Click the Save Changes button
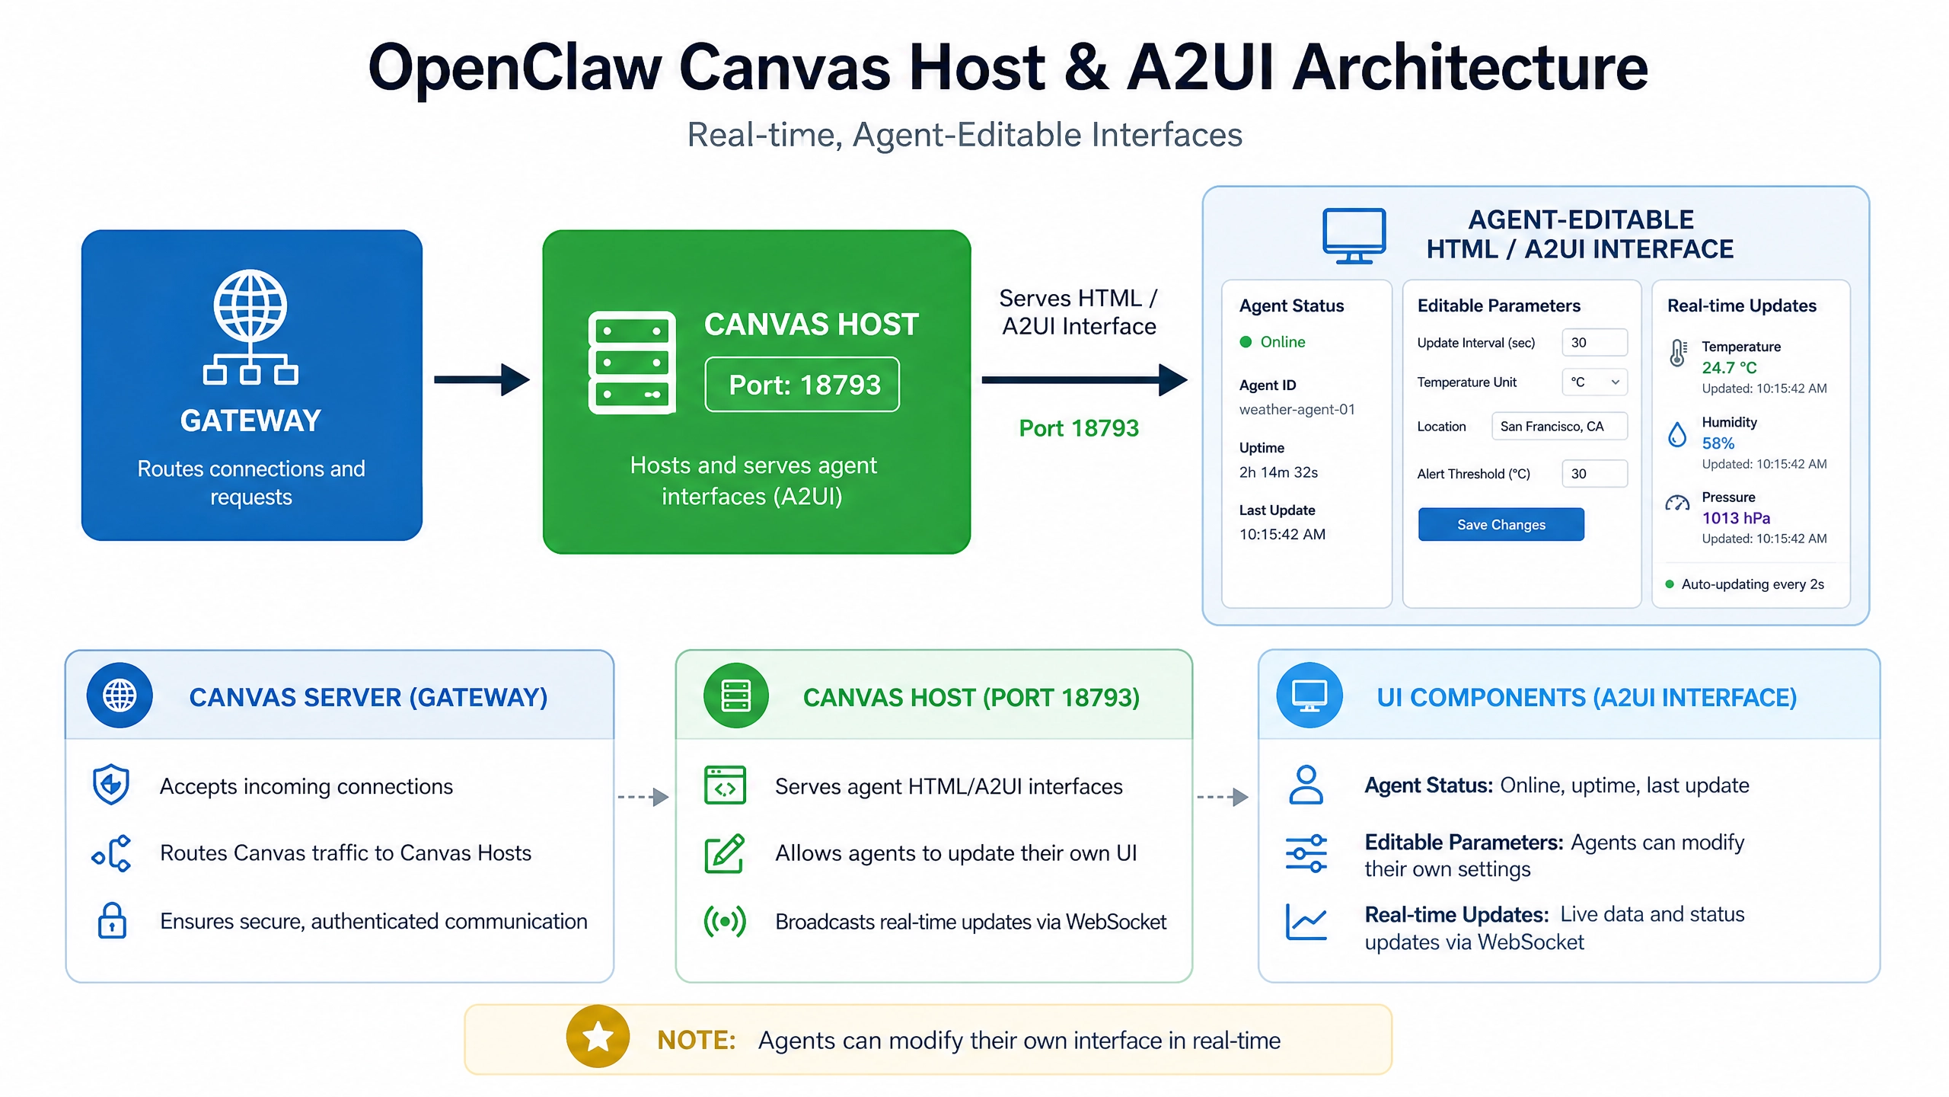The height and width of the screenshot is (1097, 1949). coord(1501,524)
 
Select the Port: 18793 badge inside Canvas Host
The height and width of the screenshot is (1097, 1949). coord(802,385)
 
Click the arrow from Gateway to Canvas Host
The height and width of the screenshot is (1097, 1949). coord(481,379)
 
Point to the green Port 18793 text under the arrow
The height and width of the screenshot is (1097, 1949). coord(1079,428)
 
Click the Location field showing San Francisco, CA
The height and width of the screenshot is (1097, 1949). coord(1559,426)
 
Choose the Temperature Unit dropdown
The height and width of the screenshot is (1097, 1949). coord(1594,382)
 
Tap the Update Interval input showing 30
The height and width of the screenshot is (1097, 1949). coord(1594,342)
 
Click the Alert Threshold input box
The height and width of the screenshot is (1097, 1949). coord(1594,473)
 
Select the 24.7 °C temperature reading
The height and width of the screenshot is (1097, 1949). coord(1729,367)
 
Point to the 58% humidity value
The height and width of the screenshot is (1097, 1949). coord(1718,443)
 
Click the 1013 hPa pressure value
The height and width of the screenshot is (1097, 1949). coord(1736,518)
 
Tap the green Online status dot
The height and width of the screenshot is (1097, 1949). coord(1246,342)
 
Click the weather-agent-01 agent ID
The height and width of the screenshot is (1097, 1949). coord(1297,409)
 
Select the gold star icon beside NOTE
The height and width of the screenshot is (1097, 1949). coord(598,1036)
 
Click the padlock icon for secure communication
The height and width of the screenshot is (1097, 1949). coord(112,920)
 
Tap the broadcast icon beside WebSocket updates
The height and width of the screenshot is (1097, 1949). coord(725,921)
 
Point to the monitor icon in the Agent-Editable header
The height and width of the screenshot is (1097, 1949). coord(1354,235)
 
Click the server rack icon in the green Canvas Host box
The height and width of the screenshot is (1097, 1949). coord(632,362)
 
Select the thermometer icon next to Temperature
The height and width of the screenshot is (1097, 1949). coord(1678,353)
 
